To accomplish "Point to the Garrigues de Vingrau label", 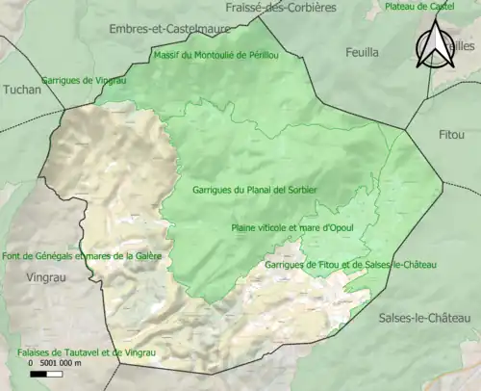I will tap(84, 80).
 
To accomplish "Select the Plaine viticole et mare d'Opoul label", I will tap(293, 227).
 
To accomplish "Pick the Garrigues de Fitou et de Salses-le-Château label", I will tap(350, 264).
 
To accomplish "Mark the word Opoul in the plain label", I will tap(342, 227).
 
